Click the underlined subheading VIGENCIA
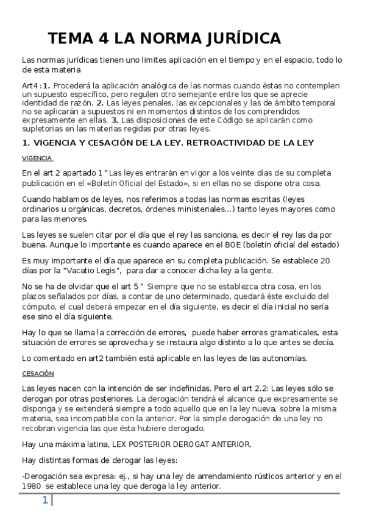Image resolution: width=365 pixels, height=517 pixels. point(37,157)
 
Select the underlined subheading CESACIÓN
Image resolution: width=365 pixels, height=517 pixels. point(38,373)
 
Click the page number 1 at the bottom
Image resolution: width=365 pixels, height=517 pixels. point(44,501)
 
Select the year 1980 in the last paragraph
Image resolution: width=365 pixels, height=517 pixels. point(32,487)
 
